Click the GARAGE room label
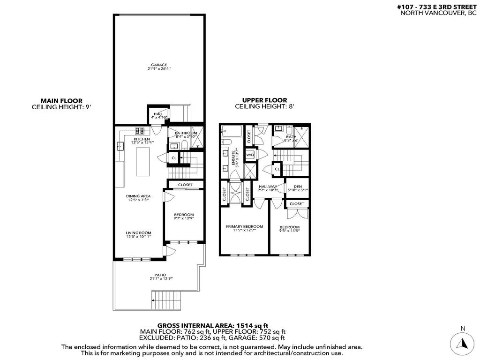click(x=159, y=65)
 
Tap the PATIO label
click(x=161, y=274)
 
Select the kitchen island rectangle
click(x=142, y=161)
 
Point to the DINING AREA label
click(x=138, y=196)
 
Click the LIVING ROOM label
click(x=138, y=232)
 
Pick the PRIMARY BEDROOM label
click(x=244, y=226)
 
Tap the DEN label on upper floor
click(x=298, y=186)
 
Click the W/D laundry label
click(x=250, y=155)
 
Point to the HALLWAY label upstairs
click(x=268, y=186)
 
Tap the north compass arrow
click(x=462, y=343)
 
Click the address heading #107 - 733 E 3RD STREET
click(x=437, y=7)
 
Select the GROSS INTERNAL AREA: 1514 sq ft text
click(x=212, y=325)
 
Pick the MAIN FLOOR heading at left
click(x=61, y=100)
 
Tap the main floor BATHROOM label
click(x=186, y=133)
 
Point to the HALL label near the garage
click(x=158, y=114)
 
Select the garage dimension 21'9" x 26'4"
click(x=159, y=69)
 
